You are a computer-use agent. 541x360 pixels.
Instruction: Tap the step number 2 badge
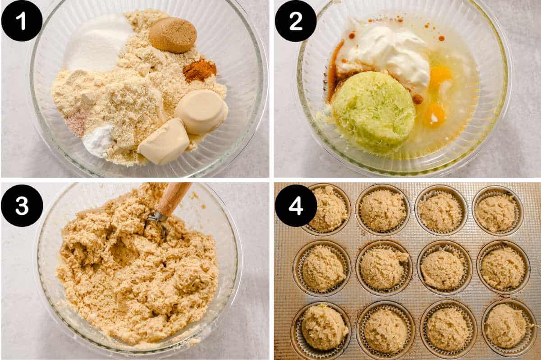click(295, 21)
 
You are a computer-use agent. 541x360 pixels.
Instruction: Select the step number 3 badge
click(22, 205)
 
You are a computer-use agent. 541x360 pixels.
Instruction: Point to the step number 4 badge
click(296, 206)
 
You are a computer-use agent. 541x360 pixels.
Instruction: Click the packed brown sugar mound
click(173, 35)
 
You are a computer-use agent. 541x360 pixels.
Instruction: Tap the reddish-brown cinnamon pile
click(199, 71)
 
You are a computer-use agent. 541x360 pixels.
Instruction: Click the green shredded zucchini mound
click(374, 111)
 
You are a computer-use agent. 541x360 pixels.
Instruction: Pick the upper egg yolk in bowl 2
click(440, 74)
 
